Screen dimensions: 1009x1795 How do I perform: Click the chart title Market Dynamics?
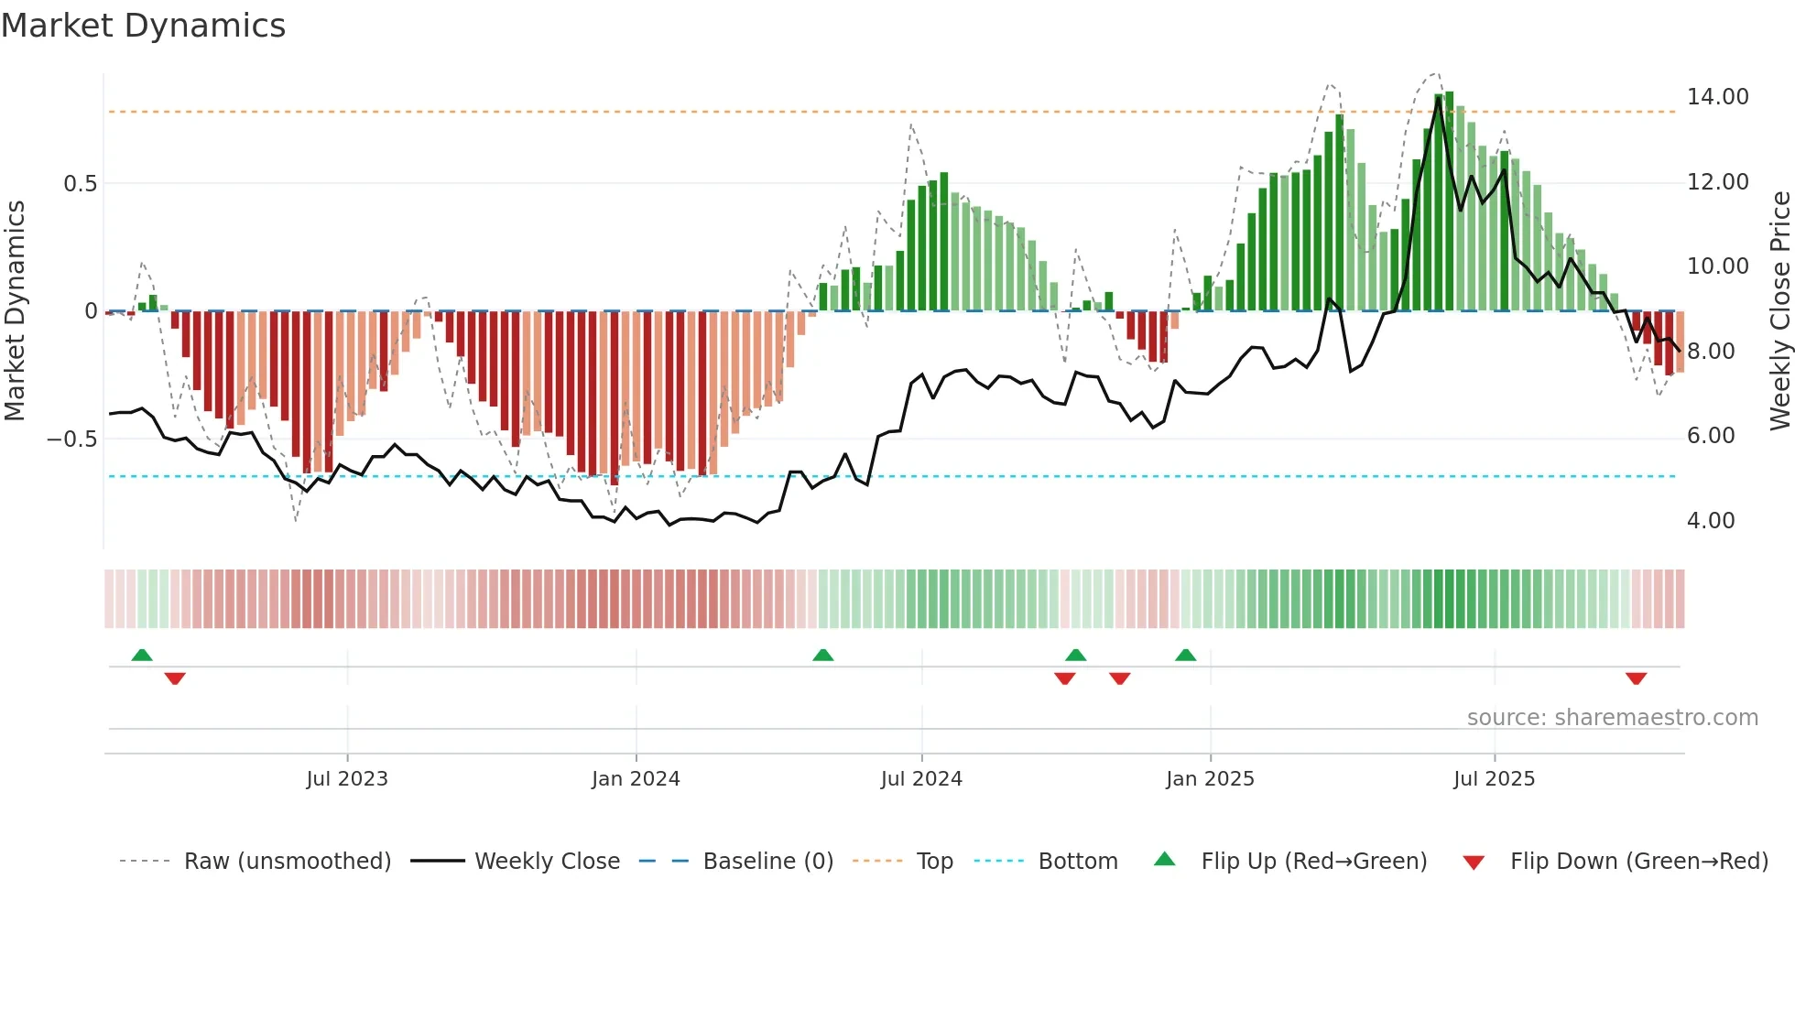tap(144, 26)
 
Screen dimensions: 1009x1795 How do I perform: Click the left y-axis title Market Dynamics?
tap(15, 310)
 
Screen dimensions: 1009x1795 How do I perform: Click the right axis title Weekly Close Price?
tap(1779, 310)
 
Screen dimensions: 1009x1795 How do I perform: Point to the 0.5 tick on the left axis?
tap(80, 183)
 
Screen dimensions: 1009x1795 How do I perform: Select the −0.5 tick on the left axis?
tap(72, 439)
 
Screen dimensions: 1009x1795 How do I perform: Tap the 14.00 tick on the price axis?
tap(1717, 97)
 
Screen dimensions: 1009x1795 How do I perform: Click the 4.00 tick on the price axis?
tap(1710, 520)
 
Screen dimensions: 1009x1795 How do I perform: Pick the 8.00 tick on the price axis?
tap(1710, 351)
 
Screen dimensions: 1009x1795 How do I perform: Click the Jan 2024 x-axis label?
tap(636, 778)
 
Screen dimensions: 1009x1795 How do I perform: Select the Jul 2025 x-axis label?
tap(1494, 778)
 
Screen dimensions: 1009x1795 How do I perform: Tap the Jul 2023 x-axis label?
tap(347, 778)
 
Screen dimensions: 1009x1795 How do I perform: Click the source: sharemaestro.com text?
tap(1612, 717)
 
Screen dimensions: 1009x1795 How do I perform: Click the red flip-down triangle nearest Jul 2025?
tap(1636, 678)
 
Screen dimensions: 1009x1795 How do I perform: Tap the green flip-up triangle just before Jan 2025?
tap(1185, 655)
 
